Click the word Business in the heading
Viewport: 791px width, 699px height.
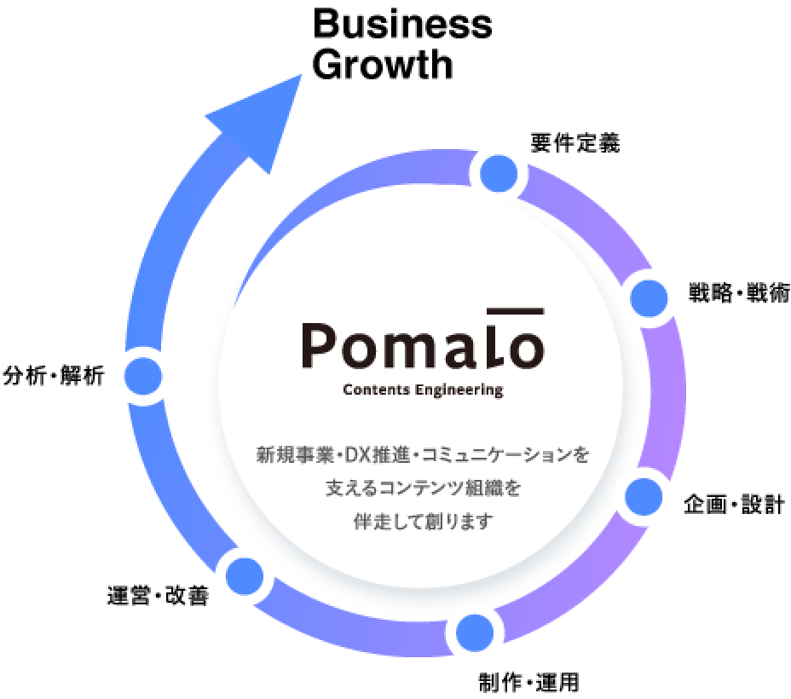[x=402, y=25]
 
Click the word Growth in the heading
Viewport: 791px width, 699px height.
[x=382, y=65]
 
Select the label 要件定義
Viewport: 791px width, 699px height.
[x=574, y=143]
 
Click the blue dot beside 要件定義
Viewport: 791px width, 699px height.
[x=499, y=174]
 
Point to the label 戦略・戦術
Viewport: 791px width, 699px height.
[x=739, y=294]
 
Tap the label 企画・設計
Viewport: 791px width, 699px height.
[x=734, y=505]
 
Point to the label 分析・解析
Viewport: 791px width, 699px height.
[x=54, y=375]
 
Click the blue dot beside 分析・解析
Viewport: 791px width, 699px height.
[x=143, y=375]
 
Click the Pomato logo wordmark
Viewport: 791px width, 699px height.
[x=423, y=344]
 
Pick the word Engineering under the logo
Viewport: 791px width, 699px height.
[x=460, y=391]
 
